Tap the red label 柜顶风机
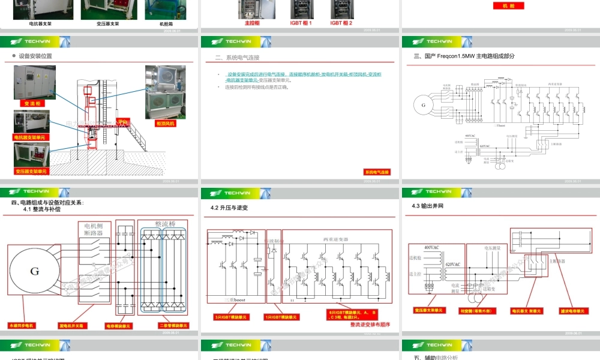coord(164,124)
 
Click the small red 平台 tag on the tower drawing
coord(124,121)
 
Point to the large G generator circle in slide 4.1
coord(35,271)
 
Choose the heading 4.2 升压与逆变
coord(229,208)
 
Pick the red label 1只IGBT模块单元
coord(281,317)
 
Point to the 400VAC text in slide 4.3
coord(433,248)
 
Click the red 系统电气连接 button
coord(377,172)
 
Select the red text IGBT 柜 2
coord(341,23)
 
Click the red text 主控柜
coord(252,23)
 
